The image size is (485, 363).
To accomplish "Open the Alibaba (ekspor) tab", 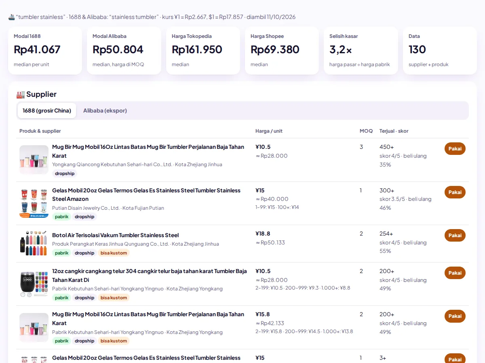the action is [x=105, y=111].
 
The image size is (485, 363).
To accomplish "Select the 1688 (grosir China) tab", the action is [x=47, y=111].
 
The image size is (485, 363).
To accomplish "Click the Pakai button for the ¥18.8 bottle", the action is [x=455, y=236].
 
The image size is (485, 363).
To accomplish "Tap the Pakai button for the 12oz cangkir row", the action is [x=455, y=273].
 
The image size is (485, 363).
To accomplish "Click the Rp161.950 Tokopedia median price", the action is [x=197, y=49].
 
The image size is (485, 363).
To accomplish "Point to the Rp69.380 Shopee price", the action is [x=275, y=49].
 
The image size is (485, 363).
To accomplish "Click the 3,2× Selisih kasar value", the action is [x=340, y=50].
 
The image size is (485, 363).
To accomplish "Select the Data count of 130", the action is [x=417, y=49].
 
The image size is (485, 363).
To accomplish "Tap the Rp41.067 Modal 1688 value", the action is [x=37, y=49].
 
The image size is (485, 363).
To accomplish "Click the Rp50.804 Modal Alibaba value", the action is [x=118, y=49].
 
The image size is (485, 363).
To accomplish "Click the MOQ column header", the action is [x=366, y=131].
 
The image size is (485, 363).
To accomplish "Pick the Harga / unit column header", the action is [x=269, y=131].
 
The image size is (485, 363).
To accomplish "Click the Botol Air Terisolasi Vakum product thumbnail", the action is [x=34, y=243].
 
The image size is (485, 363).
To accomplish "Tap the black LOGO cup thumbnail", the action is [x=34, y=284].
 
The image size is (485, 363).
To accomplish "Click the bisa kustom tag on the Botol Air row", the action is [x=114, y=253].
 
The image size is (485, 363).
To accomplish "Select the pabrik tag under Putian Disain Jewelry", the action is [x=61, y=217].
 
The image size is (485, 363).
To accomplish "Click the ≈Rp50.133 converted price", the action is [x=270, y=242].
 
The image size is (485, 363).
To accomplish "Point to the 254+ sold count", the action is [x=386, y=234].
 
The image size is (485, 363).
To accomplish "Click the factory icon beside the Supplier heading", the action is [x=21, y=94].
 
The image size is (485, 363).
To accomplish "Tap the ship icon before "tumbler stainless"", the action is [x=11, y=17].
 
